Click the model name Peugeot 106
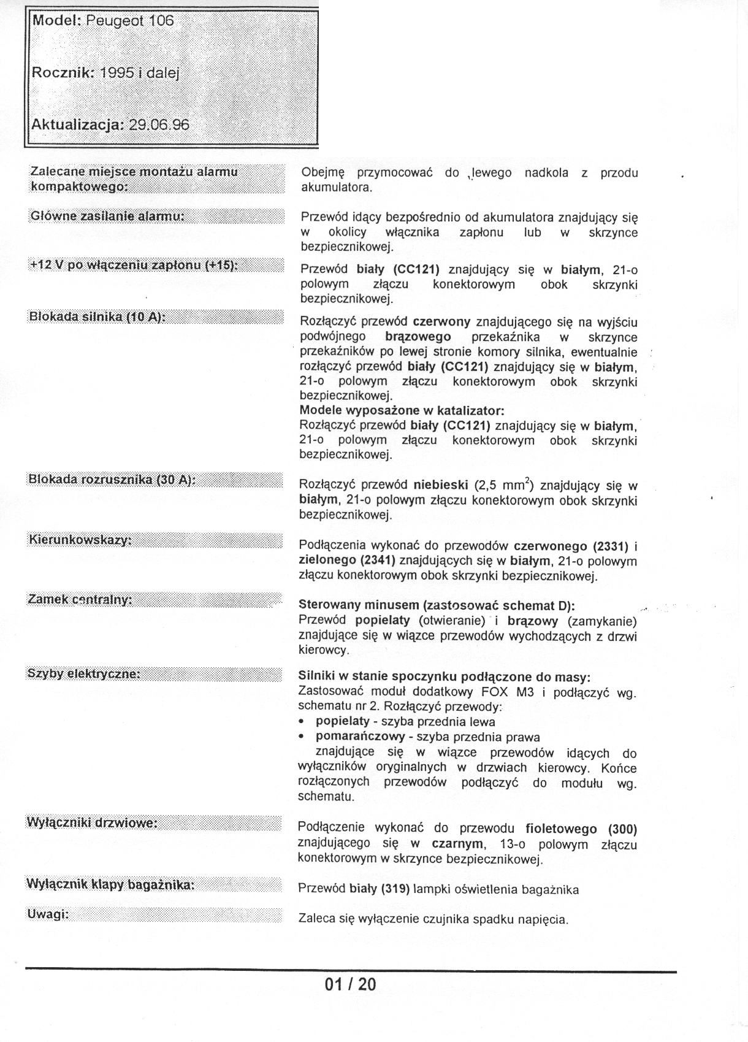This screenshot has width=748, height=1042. click(129, 20)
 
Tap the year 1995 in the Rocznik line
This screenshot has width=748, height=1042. click(117, 72)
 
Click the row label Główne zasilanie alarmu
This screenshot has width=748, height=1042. click(107, 216)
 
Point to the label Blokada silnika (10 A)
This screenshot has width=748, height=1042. click(97, 316)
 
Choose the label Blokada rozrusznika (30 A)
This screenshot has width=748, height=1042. click(112, 480)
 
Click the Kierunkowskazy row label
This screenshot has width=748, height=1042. click(80, 540)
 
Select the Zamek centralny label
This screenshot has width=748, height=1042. click(80, 599)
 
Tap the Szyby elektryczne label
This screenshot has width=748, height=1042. click(84, 673)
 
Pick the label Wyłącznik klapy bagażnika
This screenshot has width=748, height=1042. click(110, 884)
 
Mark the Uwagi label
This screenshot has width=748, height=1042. click(47, 914)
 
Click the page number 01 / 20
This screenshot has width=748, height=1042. click(350, 985)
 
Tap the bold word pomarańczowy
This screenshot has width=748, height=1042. click(360, 737)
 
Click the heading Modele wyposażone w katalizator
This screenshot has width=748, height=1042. click(402, 410)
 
